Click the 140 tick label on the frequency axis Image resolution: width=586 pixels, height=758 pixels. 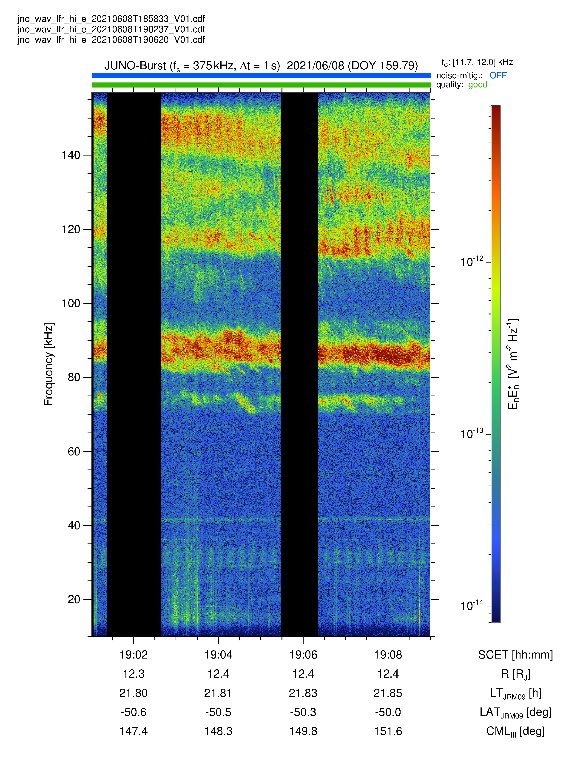pyautogui.click(x=71, y=155)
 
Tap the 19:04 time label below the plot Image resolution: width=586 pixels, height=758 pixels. pyautogui.click(x=218, y=655)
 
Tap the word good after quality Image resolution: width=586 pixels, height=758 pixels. pyautogui.click(x=478, y=85)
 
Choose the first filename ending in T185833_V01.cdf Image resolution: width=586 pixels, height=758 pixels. pyautogui.click(x=111, y=19)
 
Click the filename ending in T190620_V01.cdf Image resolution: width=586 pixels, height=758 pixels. pyautogui.click(x=111, y=40)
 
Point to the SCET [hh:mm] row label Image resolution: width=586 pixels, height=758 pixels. pyautogui.click(x=515, y=655)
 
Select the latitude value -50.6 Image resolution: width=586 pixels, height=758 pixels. pyautogui.click(x=134, y=712)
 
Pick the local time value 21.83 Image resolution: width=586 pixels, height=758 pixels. pyautogui.click(x=303, y=693)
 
